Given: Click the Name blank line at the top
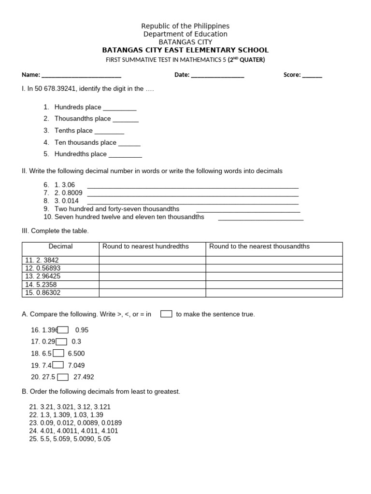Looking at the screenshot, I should pyautogui.click(x=81, y=76).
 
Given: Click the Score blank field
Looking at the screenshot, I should pyautogui.click(x=312, y=76).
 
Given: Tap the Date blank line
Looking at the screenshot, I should pyautogui.click(x=217, y=76).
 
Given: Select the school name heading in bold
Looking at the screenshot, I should pyautogui.click(x=185, y=50).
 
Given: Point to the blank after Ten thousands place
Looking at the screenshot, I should pyautogui.click(x=129, y=143).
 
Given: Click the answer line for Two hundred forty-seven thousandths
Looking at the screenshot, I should pyautogui.click(x=248, y=210).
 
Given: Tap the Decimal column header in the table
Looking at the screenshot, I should pyautogui.click(x=60, y=247).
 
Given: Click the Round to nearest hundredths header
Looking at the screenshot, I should pyautogui.click(x=145, y=247).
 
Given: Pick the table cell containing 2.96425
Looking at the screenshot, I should pyautogui.click(x=60, y=276).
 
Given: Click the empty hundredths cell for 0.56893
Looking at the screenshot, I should pyautogui.click(x=152, y=268).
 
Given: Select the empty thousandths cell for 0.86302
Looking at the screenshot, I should pyautogui.click(x=274, y=293).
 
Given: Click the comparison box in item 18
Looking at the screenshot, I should pyautogui.click(x=58, y=353).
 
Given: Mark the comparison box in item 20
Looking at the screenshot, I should pyautogui.click(x=62, y=377).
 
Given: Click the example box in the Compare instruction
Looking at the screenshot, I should pyautogui.click(x=166, y=314).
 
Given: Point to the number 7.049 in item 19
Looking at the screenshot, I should pyautogui.click(x=76, y=365).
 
